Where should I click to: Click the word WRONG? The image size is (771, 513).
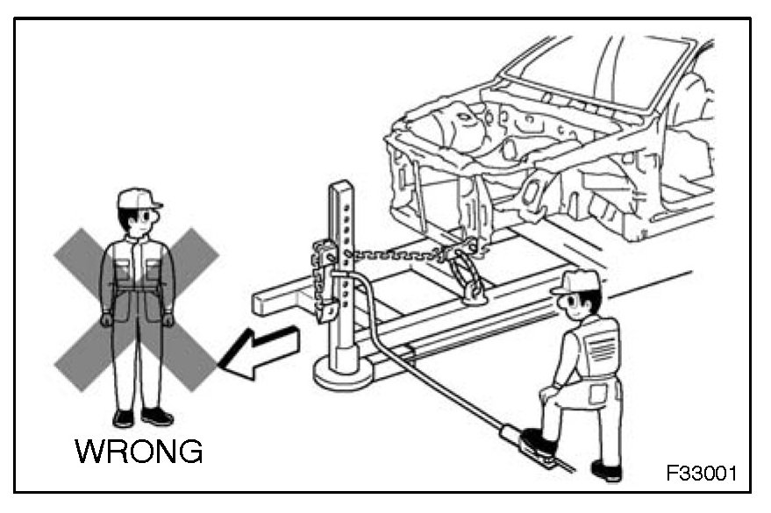139,451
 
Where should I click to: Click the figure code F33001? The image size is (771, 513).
703,474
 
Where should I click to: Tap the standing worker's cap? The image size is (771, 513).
139,198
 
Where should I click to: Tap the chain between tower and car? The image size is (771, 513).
395,255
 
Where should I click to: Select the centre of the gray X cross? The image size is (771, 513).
137,309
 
